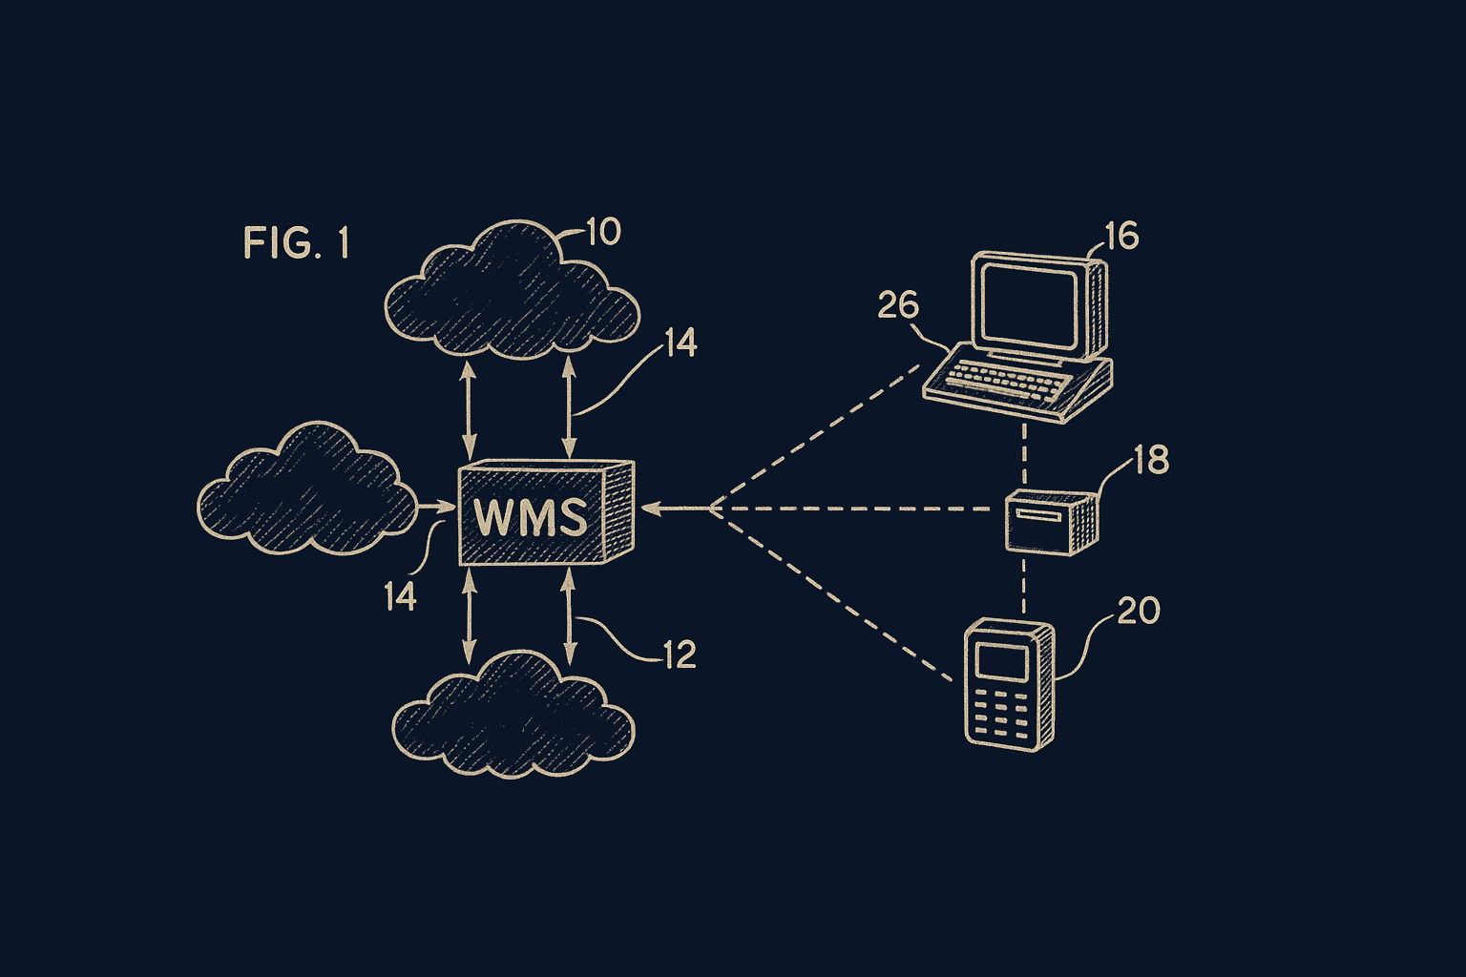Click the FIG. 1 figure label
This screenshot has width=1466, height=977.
click(x=296, y=243)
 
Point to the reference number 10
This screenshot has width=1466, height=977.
click(x=602, y=232)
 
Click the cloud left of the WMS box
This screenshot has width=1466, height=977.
click(x=305, y=491)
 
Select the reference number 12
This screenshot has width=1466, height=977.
click(x=680, y=655)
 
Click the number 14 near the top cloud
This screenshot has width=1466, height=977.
click(x=681, y=343)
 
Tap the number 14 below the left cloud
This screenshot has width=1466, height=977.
click(x=400, y=597)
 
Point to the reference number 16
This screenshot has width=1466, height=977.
click(x=1121, y=236)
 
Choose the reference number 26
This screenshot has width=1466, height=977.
click(x=898, y=305)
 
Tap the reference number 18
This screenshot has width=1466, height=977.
click(x=1151, y=460)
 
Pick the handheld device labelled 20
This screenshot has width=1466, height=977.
click(x=1010, y=683)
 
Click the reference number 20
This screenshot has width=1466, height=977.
click(x=1138, y=611)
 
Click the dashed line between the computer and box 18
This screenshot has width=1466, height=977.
click(x=1024, y=453)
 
